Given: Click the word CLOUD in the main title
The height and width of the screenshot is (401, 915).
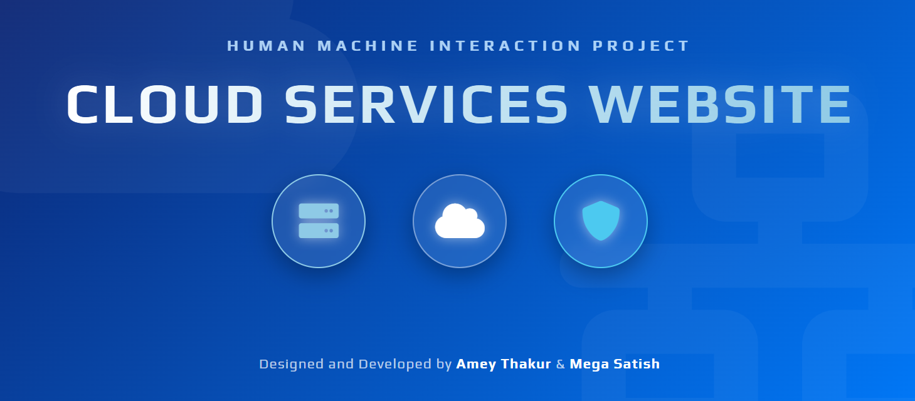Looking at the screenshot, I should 164,103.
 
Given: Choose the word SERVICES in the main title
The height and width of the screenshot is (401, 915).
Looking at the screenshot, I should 426,103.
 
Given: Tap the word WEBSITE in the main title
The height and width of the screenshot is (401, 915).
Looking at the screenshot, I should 719,103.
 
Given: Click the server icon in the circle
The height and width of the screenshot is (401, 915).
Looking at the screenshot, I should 319,221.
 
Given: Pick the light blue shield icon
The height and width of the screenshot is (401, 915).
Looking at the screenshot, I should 601,221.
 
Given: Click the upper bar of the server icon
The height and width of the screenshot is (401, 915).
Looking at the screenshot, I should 319,211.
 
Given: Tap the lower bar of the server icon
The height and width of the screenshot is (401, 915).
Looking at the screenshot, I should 319,231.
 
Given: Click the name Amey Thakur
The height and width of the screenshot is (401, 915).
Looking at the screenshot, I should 504,364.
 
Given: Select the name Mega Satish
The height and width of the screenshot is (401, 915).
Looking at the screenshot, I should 615,364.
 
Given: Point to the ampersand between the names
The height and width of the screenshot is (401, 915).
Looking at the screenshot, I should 561,364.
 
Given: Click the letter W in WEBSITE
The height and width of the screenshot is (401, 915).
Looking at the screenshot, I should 617,103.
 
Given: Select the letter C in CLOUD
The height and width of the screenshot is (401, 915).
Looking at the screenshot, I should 85,103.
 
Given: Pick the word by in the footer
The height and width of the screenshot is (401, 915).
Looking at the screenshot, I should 444,365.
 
